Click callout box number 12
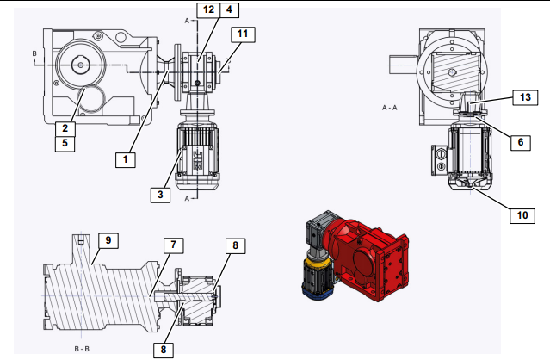[208, 9]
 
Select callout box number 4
[230, 9]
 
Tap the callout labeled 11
[243, 34]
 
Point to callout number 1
[125, 159]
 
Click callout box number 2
[65, 128]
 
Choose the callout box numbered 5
[65, 144]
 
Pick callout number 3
[160, 195]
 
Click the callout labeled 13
[525, 97]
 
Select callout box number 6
[521, 142]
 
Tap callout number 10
[522, 215]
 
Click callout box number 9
[108, 240]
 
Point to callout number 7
[174, 245]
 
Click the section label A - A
[390, 108]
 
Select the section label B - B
[82, 349]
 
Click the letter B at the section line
[34, 53]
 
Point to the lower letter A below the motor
[187, 199]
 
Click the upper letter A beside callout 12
[187, 21]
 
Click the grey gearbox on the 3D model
[318, 227]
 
